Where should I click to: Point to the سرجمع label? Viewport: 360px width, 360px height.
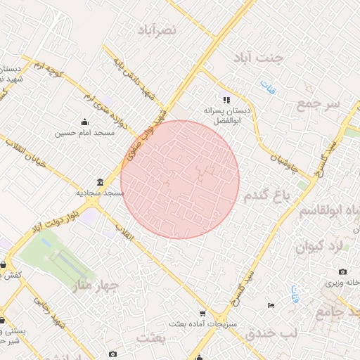(x=319, y=104)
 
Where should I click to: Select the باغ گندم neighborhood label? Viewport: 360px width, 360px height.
(x=266, y=197)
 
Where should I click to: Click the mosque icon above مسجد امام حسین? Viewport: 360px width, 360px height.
(x=85, y=122)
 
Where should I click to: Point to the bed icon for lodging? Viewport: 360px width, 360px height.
(x=271, y=306)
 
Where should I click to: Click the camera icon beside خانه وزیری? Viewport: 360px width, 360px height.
(x=342, y=272)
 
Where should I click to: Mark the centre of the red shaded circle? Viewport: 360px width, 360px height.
(x=180, y=180)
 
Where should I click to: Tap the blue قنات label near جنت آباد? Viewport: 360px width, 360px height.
(x=267, y=87)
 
